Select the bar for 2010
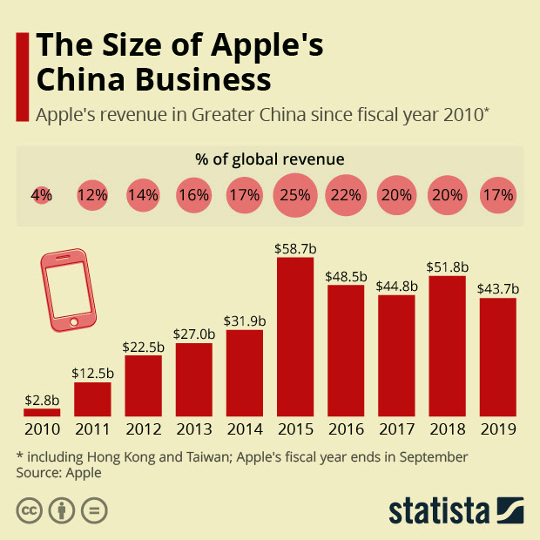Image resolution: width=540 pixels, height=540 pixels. coord(42,412)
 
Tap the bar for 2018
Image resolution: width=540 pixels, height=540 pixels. coord(447,346)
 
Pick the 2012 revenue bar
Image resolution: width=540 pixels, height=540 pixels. coord(143,386)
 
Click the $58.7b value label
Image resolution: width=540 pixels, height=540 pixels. coord(295,248)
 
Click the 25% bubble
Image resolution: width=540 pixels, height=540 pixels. coord(295,195)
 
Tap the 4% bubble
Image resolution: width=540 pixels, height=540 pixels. coord(42,195)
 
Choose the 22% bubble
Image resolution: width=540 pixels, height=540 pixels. coord(346,195)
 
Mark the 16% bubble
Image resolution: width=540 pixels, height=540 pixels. coord(194,195)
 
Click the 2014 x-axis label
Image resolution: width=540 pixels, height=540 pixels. coord(245,429)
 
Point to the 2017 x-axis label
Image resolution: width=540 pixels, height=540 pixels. coord(396,429)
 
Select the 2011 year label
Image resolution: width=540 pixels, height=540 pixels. coord(92,429)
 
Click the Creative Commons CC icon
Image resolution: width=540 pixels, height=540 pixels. coord(30,510)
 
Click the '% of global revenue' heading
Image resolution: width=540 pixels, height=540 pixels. coord(270,159)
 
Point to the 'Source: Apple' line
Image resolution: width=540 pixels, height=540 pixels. coord(58,473)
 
